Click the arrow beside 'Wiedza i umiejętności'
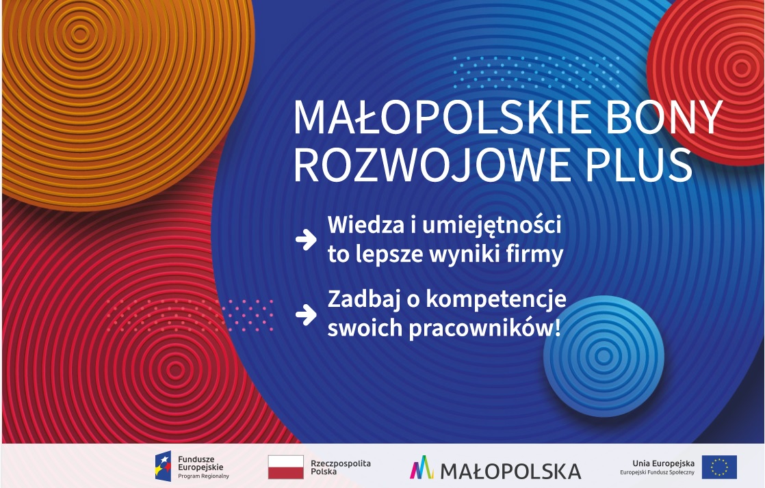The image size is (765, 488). (x=306, y=239)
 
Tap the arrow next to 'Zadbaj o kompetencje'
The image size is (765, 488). (x=306, y=314)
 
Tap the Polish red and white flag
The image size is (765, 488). (x=286, y=467)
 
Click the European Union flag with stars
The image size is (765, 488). (x=719, y=467)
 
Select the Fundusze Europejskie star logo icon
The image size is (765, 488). (x=164, y=467)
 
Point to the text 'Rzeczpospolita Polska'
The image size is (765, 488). (x=341, y=467)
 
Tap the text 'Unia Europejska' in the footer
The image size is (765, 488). (x=663, y=463)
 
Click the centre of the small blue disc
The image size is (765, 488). (x=604, y=356)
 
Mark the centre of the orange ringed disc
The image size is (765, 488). (x=81, y=34)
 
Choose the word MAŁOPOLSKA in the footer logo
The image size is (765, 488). (x=510, y=472)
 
